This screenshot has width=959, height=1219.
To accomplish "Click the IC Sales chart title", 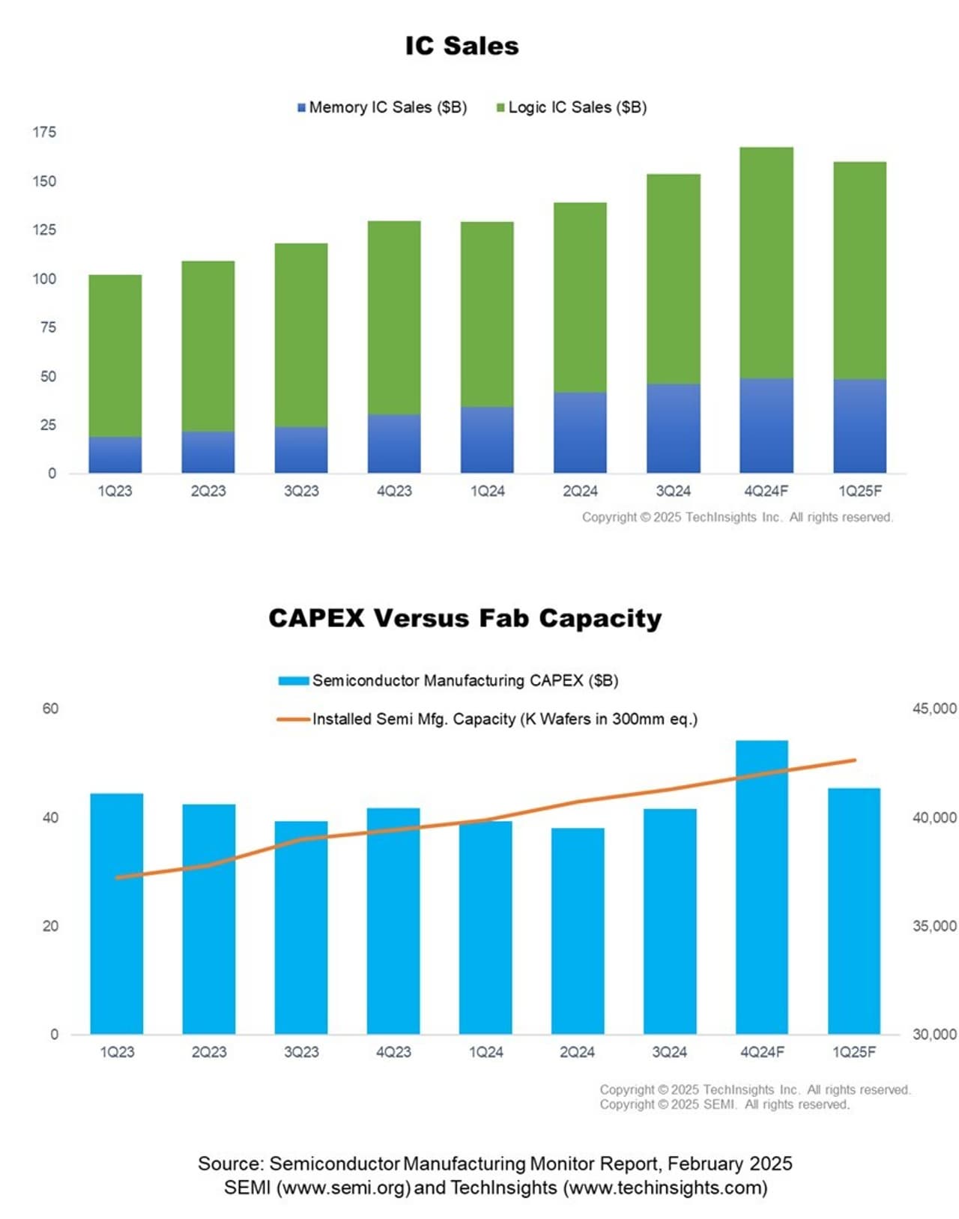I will tap(462, 46).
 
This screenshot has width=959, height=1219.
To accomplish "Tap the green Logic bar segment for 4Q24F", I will tap(766, 262).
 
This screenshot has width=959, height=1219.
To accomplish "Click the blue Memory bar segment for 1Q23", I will tap(115, 455).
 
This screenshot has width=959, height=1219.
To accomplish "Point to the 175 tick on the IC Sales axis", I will tap(44, 133).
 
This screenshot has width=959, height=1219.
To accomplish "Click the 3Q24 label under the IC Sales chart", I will tap(673, 491).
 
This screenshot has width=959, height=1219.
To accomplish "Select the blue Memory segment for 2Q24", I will tap(580, 432).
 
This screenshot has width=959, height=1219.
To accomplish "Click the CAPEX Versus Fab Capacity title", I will tap(465, 618).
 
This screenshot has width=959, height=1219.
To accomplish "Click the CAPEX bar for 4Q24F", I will tap(761, 888).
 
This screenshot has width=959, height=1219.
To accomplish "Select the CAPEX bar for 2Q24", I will tap(577, 931).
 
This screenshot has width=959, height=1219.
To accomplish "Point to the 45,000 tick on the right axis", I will tap(934, 709).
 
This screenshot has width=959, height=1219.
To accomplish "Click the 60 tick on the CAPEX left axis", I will tap(50, 709).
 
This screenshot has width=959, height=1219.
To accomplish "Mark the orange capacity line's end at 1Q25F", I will tap(854, 760).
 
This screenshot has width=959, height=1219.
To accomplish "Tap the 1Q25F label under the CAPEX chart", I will tap(853, 1052).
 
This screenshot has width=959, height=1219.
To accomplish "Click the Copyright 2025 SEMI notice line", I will tap(724, 1104).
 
